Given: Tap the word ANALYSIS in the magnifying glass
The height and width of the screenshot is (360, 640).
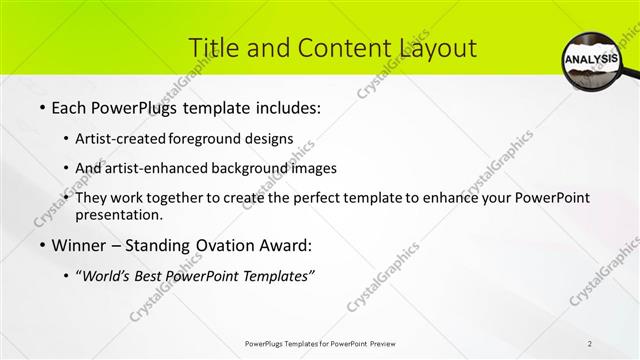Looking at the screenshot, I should pos(592,60).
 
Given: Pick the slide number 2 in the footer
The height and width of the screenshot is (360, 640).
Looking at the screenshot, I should pos(590,343).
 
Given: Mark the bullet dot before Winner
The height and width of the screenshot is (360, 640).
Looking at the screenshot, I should pos(42,245).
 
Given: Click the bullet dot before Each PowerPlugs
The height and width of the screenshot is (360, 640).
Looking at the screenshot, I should pos(42,107).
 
